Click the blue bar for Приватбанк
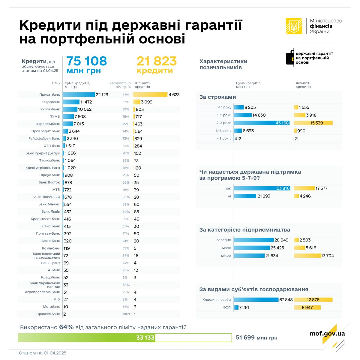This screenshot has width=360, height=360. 79,94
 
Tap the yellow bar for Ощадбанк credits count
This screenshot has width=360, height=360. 136,102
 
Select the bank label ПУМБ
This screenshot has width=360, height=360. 55,116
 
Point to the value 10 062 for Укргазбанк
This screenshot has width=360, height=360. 85,109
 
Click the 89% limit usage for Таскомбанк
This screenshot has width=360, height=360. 126,160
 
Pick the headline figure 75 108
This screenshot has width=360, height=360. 86,61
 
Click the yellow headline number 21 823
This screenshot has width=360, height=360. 157,61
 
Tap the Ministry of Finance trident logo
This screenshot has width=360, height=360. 294,26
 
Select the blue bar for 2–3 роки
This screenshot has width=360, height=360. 261,123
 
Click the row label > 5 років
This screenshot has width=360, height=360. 224,139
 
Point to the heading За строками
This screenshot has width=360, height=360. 217,97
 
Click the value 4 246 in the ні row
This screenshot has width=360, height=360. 305,196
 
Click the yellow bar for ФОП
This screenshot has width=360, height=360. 307,307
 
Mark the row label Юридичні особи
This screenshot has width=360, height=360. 217,300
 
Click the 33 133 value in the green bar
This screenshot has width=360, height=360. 145,337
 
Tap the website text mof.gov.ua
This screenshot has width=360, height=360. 327,333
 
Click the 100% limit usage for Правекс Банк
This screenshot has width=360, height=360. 127,314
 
